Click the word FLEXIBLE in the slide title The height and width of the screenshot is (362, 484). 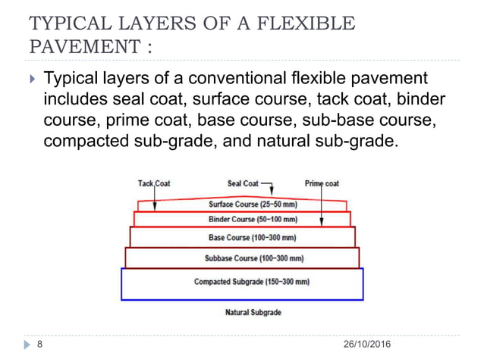(x=310, y=23)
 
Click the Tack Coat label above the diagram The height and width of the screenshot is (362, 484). (x=154, y=183)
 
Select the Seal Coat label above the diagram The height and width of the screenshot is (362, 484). (x=243, y=183)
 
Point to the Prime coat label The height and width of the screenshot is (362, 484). (x=322, y=183)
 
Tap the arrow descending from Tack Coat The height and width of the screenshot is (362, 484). (x=154, y=198)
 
